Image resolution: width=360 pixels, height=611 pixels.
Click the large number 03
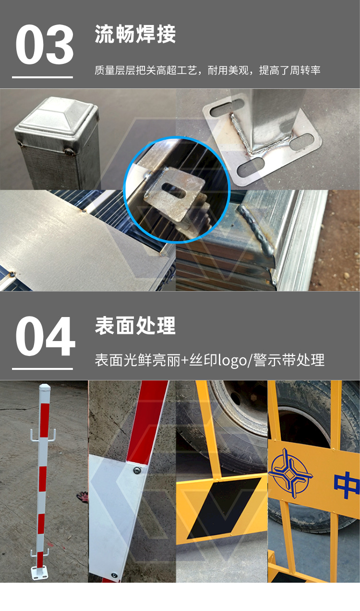[x=45, y=45]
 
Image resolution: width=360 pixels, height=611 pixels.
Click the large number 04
[x=45, y=336]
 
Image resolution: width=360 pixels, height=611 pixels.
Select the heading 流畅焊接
[x=135, y=34]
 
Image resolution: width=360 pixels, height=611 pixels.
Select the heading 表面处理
[x=135, y=326]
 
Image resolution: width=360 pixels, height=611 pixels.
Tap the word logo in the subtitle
[x=232, y=361]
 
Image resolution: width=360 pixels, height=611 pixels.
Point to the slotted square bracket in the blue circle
[x=174, y=197]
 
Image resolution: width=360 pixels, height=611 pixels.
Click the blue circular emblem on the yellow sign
[x=290, y=473]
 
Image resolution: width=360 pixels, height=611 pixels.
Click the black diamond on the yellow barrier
[x=224, y=508]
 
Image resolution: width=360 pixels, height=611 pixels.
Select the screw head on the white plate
[x=137, y=470]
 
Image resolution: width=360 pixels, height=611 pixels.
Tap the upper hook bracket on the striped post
[x=43, y=434]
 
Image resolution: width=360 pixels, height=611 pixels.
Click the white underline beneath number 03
[x=43, y=77]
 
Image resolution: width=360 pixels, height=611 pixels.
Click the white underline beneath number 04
[x=43, y=369]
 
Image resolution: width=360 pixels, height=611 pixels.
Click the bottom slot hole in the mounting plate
[x=251, y=166]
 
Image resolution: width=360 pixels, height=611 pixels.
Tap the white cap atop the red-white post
[x=45, y=388]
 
